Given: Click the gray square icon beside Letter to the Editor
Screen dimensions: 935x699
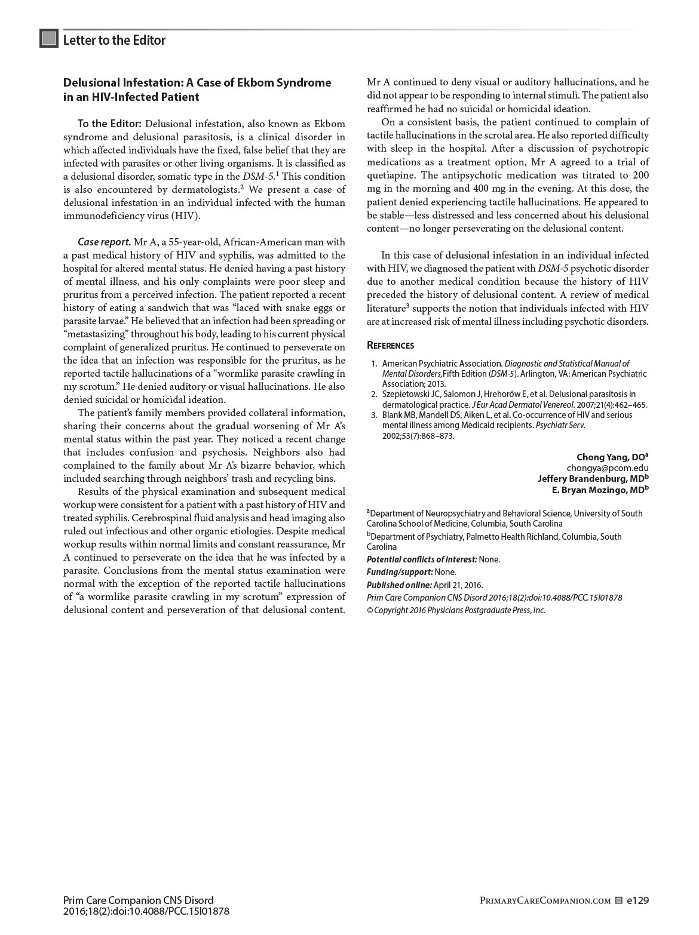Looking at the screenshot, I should [49, 39].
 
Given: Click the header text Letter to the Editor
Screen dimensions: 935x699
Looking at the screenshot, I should [114, 40].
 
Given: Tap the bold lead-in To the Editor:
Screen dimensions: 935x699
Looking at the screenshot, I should [109, 124].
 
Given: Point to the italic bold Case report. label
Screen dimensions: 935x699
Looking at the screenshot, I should [104, 242].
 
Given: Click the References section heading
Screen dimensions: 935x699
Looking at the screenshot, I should [390, 345].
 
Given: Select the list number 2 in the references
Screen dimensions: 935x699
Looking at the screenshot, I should [373, 394].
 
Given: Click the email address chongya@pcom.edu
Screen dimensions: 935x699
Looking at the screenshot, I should [608, 468].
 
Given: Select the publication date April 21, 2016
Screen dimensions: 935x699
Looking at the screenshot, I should [458, 585].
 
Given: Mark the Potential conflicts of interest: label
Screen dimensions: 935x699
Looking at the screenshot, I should [422, 559].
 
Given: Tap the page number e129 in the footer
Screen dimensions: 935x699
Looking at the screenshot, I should [637, 900].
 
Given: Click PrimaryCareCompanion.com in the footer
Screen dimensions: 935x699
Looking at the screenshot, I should [545, 901].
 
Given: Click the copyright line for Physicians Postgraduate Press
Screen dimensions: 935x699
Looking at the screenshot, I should [456, 610].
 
